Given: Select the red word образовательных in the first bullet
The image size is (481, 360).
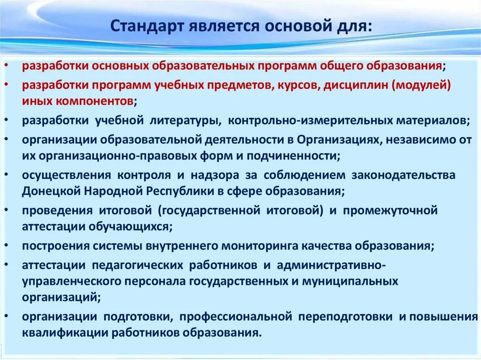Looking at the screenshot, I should click(x=203, y=66).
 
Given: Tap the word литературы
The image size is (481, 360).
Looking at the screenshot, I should click(x=186, y=120).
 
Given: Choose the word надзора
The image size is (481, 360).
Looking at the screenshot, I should click(x=215, y=175).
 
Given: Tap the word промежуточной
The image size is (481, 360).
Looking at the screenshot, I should click(x=390, y=210).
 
